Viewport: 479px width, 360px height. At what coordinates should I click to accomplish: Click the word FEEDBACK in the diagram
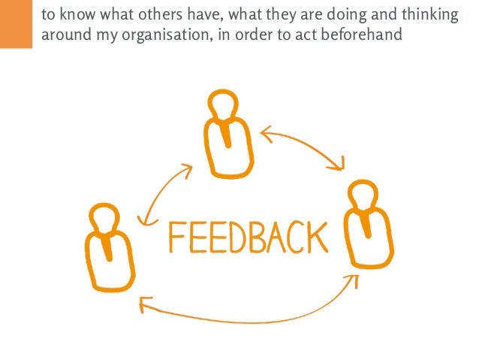point(248,237)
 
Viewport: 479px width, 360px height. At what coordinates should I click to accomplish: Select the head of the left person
point(104,218)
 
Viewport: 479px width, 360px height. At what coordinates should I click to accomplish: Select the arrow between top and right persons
point(304,146)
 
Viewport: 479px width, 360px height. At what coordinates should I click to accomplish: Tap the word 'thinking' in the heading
point(429,15)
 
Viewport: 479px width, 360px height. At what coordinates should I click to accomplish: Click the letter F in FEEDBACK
point(177,238)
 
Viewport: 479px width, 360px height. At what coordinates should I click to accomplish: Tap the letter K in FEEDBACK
point(318,237)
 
